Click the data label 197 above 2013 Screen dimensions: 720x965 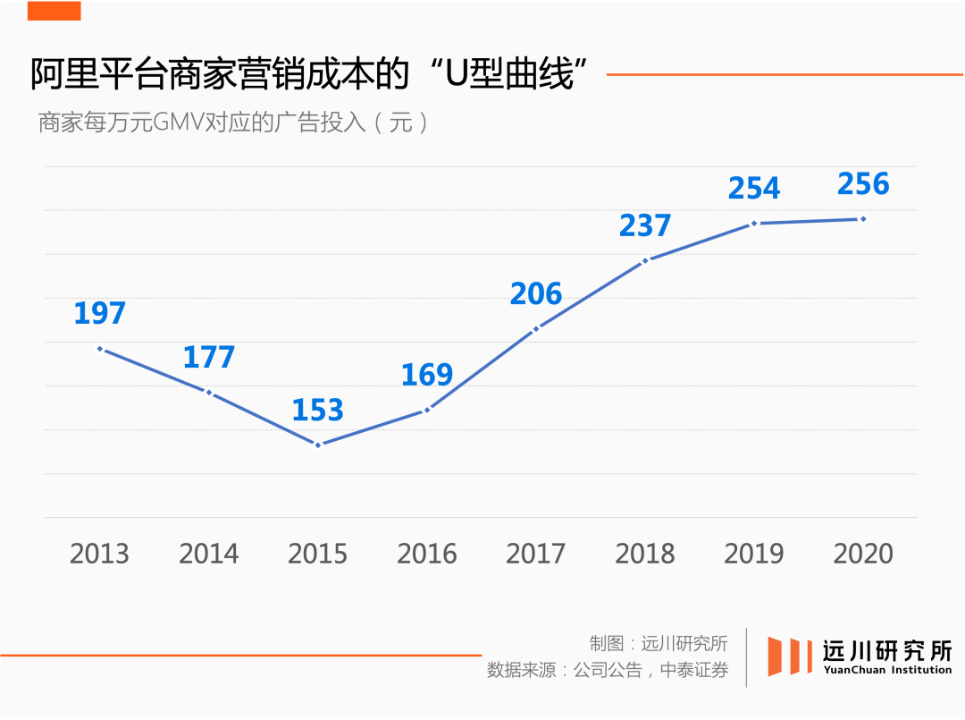pos(99,313)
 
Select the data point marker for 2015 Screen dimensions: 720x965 pos(317,445)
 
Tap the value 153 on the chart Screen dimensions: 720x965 pos(317,410)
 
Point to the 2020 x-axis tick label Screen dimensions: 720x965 pos(863,554)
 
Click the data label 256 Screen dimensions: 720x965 pos(863,184)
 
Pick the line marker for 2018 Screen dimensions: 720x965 pos(644,260)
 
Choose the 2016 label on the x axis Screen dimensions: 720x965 pos(426,554)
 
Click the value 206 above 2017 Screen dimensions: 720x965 pos(536,293)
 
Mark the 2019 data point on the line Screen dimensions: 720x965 pos(754,223)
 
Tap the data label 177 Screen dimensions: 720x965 pos(208,357)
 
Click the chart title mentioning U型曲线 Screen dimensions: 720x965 pos(313,74)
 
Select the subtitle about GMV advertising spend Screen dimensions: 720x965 pos(233,123)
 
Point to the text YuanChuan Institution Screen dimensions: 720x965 pos(887,670)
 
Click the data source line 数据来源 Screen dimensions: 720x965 pos(607,670)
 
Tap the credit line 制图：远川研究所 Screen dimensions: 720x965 pos(658,642)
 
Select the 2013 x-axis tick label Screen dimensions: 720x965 pos(99,554)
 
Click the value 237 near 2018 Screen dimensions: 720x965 pos(644,225)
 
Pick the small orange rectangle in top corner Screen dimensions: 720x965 pos(54,10)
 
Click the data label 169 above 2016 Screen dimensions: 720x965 pos(426,375)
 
